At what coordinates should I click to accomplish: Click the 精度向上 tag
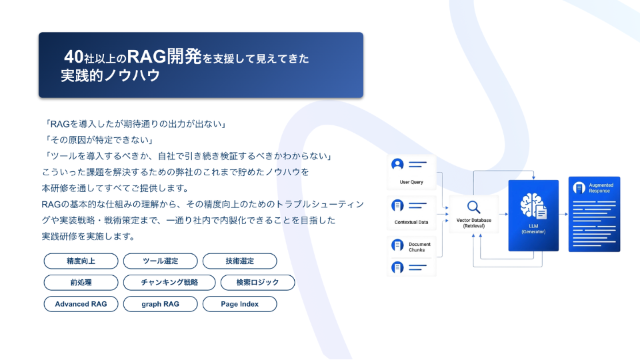tap(81, 261)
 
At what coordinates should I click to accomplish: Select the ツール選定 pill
tap(161, 261)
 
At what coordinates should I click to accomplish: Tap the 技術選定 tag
tap(239, 261)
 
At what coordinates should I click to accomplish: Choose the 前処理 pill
tap(81, 283)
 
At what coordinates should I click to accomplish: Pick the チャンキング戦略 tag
tap(169, 283)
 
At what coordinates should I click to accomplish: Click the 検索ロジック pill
tap(257, 283)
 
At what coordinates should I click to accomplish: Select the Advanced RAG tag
tap(81, 304)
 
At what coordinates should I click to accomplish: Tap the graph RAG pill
tap(161, 304)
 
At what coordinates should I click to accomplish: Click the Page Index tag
tap(239, 304)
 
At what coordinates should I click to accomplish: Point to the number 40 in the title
tap(74, 57)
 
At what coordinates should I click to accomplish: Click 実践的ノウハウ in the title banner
tap(110, 75)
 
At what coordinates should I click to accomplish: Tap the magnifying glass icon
tap(473, 207)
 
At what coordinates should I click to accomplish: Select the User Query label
tap(411, 182)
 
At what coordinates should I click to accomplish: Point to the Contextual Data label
tap(411, 222)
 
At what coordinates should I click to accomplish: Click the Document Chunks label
tap(419, 247)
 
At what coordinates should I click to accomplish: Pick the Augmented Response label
tap(601, 188)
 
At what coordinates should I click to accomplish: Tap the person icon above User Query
tap(397, 164)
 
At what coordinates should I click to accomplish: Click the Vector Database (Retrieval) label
tap(474, 223)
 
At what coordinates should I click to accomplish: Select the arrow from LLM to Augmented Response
tap(563, 214)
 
